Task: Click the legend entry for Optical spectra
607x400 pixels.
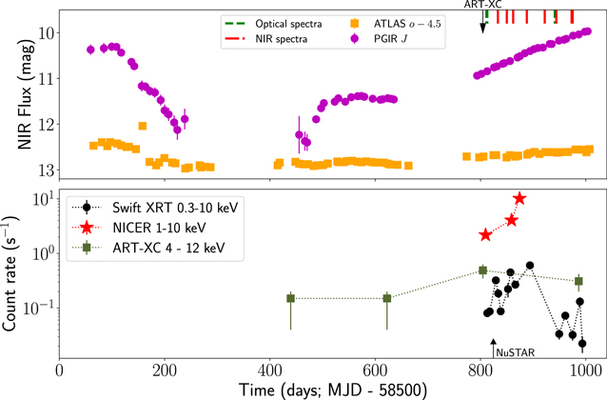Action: (x=273, y=24)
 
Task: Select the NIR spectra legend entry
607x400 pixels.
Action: (x=266, y=39)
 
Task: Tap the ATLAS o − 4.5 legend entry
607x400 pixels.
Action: (x=395, y=24)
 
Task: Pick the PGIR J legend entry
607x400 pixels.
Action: (x=379, y=39)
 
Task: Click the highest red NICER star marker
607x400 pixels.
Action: (x=519, y=198)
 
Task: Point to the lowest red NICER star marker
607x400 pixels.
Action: (x=485, y=235)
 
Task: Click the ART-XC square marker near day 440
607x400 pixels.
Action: (x=291, y=298)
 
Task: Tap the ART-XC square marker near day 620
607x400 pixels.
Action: (x=387, y=298)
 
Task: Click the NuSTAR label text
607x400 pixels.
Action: (x=516, y=352)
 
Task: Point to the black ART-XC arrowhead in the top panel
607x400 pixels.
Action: (x=482, y=29)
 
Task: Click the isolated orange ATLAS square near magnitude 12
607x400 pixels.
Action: (x=143, y=126)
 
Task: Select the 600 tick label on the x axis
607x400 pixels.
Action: (x=375, y=370)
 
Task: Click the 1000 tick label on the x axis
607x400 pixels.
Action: (x=585, y=370)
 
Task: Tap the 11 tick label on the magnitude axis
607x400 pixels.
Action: (x=46, y=78)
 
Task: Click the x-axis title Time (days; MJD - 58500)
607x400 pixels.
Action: (x=333, y=390)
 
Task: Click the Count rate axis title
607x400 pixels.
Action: (x=10, y=273)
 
